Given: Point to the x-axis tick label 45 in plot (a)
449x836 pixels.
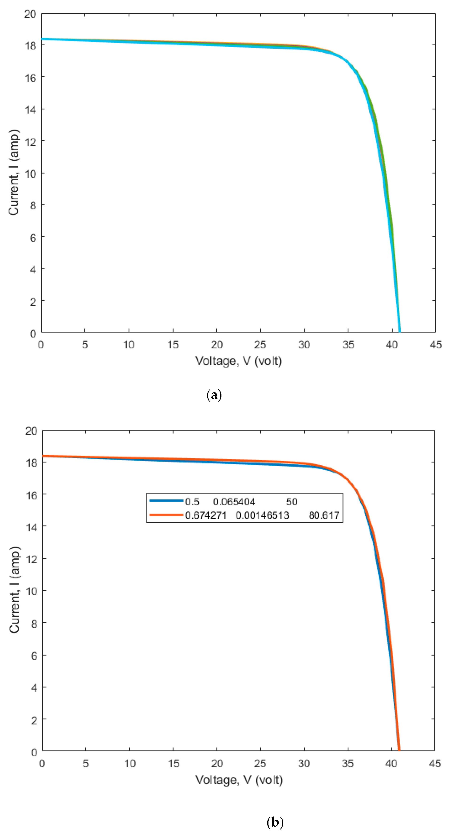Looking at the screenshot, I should [435, 345].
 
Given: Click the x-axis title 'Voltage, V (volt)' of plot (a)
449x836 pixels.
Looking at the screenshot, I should [238, 361].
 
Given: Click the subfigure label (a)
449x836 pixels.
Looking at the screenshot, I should [214, 395].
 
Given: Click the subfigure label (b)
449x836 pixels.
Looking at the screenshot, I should [275, 823].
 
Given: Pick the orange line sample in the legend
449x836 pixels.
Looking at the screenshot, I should [166, 515].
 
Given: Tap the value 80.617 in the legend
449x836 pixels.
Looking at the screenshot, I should [324, 515].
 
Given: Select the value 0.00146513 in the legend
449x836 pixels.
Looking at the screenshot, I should [262, 515].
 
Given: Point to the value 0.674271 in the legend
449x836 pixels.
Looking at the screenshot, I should [205, 515].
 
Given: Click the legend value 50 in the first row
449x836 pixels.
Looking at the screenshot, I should [291, 502].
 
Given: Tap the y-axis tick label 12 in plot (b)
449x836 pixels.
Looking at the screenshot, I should [32, 559].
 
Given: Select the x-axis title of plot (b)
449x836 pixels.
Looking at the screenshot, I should [239, 780].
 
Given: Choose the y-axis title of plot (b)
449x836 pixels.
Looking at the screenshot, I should [15, 590].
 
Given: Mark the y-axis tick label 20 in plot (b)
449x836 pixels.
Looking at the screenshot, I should [32, 431].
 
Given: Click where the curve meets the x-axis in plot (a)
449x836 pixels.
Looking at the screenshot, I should [400, 332].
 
